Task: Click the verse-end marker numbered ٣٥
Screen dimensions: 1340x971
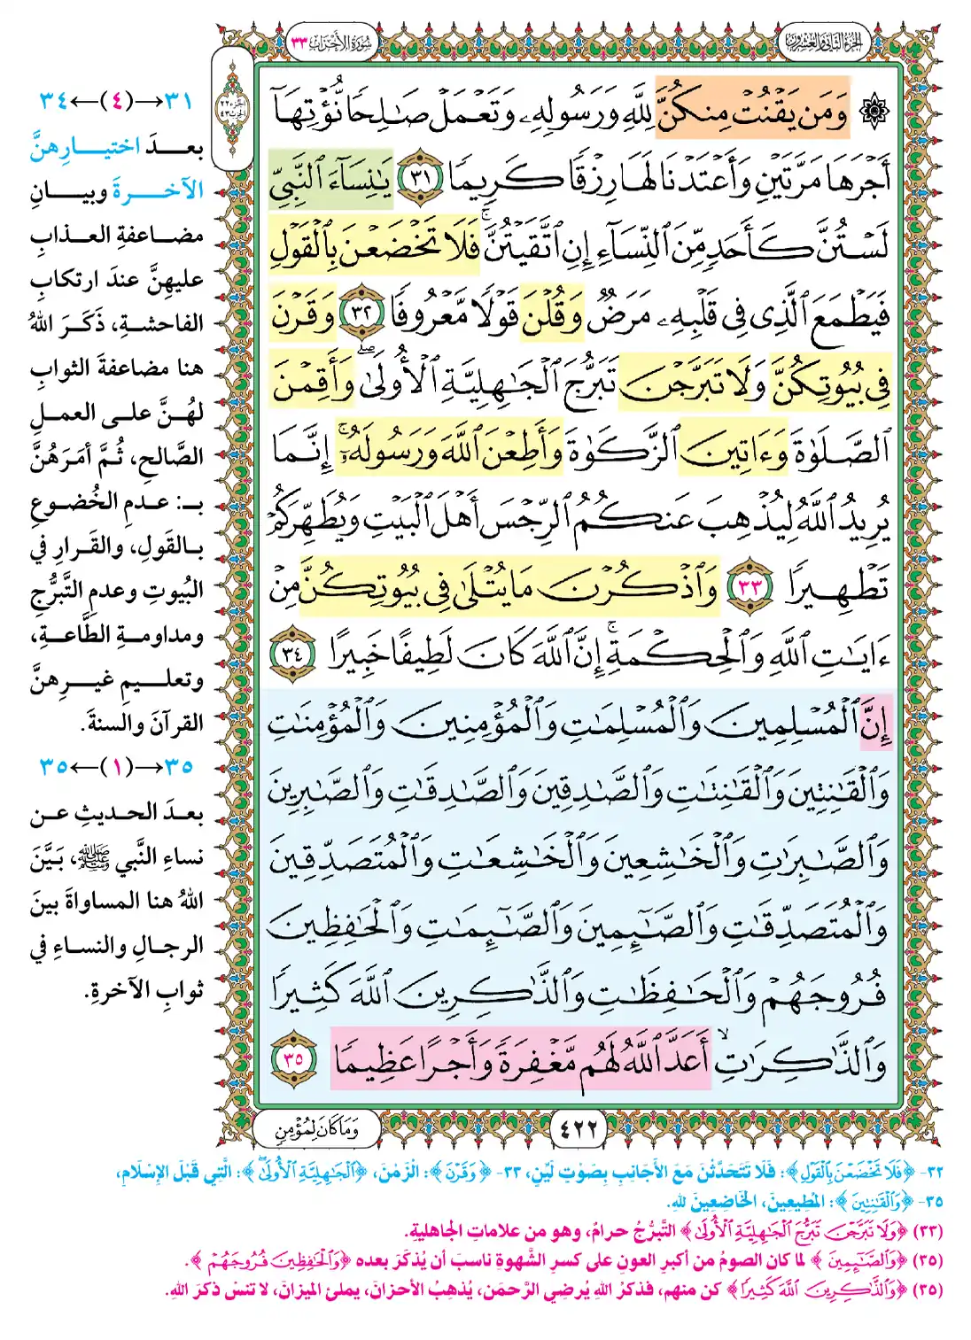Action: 295,1058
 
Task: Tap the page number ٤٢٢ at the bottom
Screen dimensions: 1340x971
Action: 579,1128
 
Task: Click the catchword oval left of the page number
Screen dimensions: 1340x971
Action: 316,1128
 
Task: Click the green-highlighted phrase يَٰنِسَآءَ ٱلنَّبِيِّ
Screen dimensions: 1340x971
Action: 331,179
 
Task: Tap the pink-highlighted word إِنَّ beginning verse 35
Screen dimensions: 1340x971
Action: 873,723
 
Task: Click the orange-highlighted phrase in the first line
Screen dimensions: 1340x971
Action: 751,112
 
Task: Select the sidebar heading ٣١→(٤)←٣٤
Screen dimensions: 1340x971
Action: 116,99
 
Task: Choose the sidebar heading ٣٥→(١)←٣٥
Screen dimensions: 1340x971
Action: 116,766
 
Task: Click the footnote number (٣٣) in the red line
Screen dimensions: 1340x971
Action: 927,1232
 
